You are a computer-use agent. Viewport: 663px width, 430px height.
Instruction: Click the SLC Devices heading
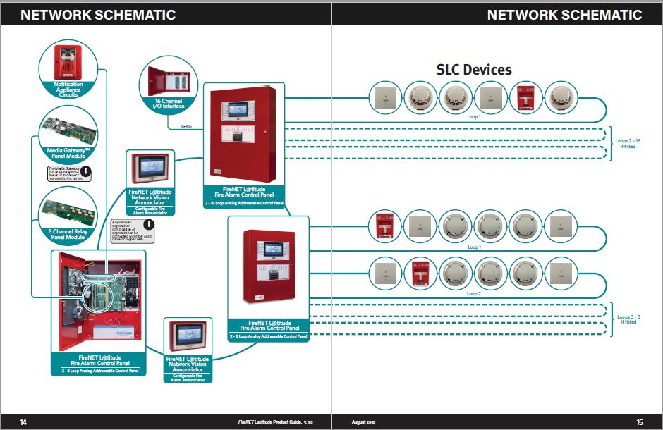473,69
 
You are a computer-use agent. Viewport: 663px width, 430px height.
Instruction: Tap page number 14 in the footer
23,422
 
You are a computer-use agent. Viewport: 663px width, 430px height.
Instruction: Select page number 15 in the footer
639,422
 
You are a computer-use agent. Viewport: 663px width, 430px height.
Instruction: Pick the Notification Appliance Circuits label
68,89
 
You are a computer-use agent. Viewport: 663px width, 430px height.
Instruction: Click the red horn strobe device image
68,61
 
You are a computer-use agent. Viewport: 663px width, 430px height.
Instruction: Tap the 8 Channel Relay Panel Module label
68,233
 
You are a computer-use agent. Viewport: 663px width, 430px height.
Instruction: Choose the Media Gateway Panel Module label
68,154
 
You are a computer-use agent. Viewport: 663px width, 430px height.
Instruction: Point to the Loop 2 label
474,293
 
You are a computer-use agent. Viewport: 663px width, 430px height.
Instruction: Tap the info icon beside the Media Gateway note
85,170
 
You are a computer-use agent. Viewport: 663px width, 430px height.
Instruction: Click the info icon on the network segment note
149,225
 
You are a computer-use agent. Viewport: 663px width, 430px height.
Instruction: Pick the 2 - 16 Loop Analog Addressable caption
243,203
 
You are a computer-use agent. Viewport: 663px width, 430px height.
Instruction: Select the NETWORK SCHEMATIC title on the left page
98,15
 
